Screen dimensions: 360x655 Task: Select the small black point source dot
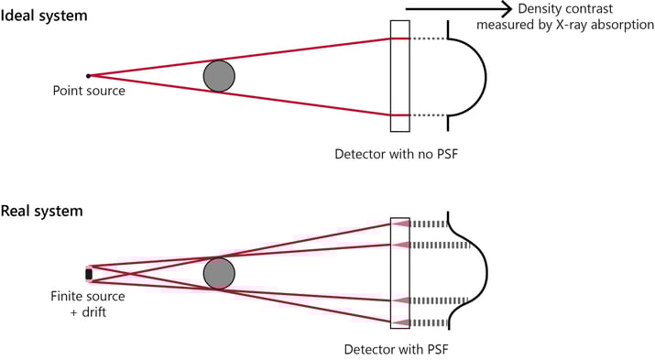click(88, 75)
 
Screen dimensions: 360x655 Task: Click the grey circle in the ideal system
click(219, 75)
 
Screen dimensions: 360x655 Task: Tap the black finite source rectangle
click(89, 273)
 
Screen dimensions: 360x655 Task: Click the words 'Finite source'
click(88, 295)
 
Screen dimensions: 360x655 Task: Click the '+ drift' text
click(88, 311)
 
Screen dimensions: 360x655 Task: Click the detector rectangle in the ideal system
click(398, 76)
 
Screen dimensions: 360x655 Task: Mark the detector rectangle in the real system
click(399, 272)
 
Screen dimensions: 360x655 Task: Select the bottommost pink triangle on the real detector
click(400, 322)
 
